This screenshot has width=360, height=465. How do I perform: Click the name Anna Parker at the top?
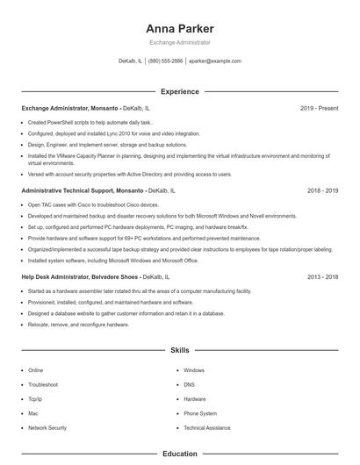coord(180,29)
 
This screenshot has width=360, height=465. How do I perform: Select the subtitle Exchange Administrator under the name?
coord(180,43)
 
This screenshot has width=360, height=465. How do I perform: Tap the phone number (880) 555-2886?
coord(166,61)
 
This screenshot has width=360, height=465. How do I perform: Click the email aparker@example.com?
coord(215,61)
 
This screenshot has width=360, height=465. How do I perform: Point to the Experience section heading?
coord(180,91)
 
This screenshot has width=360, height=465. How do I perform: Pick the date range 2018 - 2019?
coord(323,190)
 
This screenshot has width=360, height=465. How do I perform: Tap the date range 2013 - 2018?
coord(323,276)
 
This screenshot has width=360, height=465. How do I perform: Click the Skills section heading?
coord(180,350)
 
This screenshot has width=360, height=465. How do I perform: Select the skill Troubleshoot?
coord(43,384)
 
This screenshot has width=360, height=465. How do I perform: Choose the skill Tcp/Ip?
coord(36,398)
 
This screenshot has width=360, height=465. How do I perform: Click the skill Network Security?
coord(47,427)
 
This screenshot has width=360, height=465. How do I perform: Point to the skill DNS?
coord(189,384)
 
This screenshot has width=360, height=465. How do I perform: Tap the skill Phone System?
coord(200,413)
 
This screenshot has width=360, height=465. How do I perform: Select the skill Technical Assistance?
coord(208,427)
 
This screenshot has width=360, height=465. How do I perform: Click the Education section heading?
coord(180,454)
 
